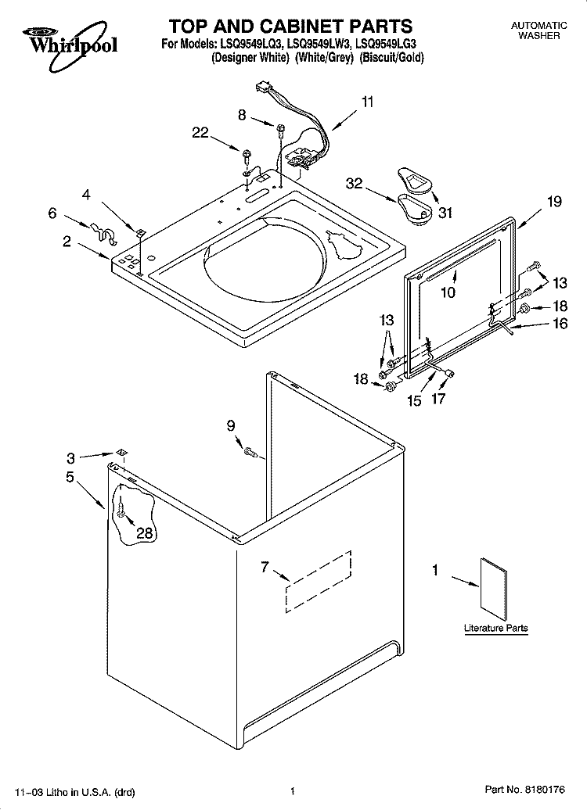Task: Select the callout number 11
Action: (x=368, y=102)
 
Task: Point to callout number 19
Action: (x=554, y=202)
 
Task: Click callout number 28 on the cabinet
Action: (x=145, y=533)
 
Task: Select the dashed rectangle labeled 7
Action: (x=318, y=579)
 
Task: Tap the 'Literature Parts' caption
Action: (x=495, y=628)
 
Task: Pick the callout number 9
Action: (x=230, y=425)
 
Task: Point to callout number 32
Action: (x=355, y=183)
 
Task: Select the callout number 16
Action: (x=560, y=324)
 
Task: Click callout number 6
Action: (x=52, y=212)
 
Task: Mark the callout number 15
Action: (x=413, y=400)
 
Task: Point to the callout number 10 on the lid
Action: (x=447, y=292)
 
